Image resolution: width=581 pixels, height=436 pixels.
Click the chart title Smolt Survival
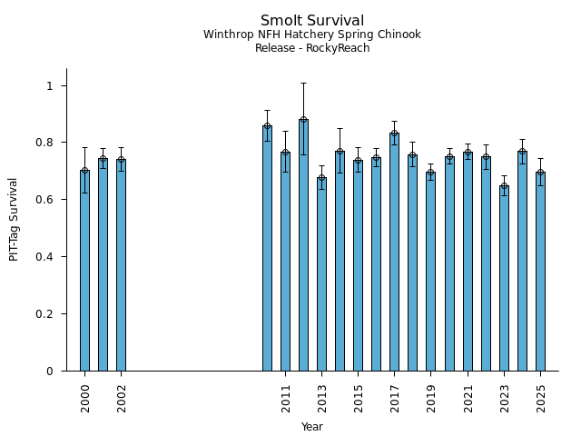click(x=312, y=21)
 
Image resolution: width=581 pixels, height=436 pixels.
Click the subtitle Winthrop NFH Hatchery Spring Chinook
click(x=312, y=35)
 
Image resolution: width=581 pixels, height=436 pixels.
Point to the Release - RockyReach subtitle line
click(x=312, y=48)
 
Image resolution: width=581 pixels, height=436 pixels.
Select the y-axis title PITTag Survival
click(x=14, y=219)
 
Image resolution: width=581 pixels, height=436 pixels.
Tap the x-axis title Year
click(x=312, y=427)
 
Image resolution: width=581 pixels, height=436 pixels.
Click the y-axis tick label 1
click(x=51, y=85)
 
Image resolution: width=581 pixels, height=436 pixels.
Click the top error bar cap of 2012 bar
click(x=303, y=83)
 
